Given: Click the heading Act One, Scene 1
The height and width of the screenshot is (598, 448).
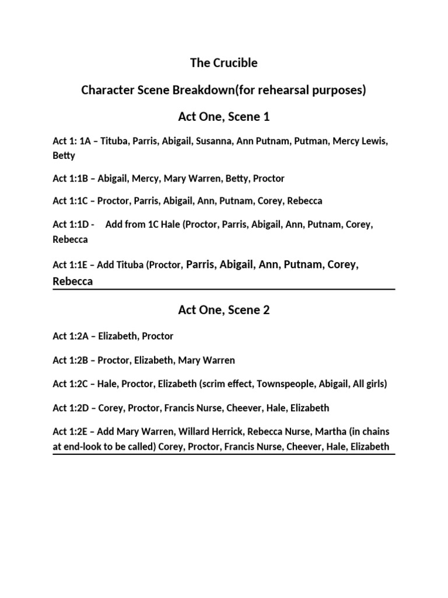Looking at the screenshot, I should (224, 117).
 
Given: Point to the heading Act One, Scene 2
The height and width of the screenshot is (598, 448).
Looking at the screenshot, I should (224, 310).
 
